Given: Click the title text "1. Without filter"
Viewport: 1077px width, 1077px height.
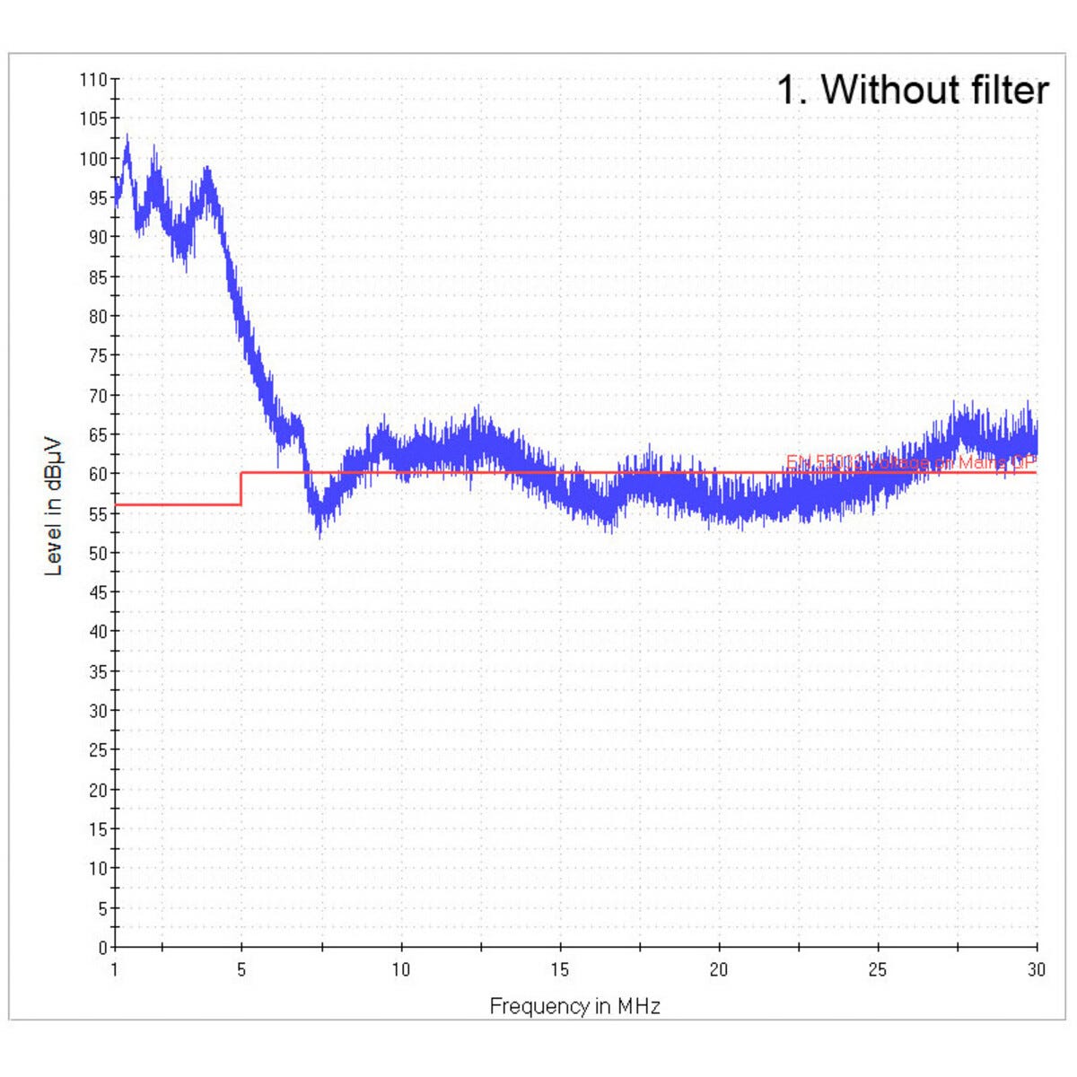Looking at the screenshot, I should [x=912, y=90].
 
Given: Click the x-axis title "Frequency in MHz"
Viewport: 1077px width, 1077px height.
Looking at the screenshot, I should [x=574, y=1006].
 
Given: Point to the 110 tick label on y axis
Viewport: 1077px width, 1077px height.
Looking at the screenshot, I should [x=93, y=79].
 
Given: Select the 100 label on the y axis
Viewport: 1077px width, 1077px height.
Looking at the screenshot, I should [x=93, y=159].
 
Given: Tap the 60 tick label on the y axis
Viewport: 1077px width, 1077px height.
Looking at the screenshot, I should [x=97, y=474].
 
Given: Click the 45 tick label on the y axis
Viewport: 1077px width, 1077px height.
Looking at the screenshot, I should [x=97, y=592].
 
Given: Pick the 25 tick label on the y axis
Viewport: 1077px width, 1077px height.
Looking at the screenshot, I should [x=97, y=750].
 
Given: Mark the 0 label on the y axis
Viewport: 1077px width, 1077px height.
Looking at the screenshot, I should [x=102, y=947].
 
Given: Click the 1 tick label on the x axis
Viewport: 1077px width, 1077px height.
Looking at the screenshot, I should [x=114, y=969].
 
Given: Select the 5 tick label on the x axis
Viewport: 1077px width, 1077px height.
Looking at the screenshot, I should [x=241, y=969].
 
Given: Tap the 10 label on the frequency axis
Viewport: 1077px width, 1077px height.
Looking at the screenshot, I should [x=400, y=969].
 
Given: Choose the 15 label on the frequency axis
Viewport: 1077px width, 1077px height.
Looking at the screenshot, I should [x=560, y=969].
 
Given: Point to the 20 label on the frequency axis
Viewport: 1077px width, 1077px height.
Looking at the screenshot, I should [x=719, y=969].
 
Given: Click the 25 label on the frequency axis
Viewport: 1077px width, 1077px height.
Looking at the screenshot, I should [x=878, y=969].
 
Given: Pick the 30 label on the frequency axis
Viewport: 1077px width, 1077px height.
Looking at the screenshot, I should [x=1037, y=969].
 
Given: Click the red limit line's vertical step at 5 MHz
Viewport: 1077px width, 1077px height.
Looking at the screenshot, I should [x=241, y=488].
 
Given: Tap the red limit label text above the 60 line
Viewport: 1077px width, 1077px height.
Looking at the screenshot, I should [x=911, y=462].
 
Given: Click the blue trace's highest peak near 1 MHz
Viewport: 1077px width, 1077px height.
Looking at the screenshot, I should [x=127, y=137].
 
